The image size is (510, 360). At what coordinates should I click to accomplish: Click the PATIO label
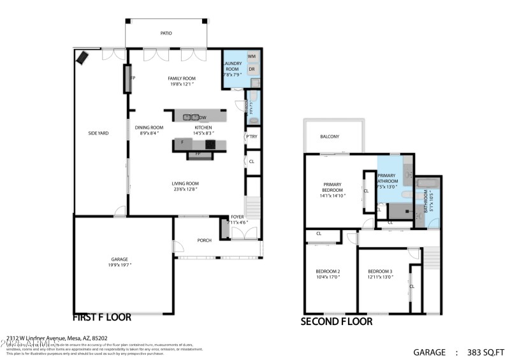click(x=166, y=33)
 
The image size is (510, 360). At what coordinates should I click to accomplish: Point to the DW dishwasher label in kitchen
click(x=203, y=118)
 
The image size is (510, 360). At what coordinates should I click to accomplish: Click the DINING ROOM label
click(x=149, y=127)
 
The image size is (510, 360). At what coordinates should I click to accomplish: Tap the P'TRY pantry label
click(x=252, y=137)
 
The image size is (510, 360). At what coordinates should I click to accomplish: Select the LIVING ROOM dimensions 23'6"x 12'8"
click(x=186, y=189)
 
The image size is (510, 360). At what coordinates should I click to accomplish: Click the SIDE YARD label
click(x=98, y=133)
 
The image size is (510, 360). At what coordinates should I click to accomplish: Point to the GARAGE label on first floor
click(x=120, y=259)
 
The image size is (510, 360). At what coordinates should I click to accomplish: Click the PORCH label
click(x=204, y=240)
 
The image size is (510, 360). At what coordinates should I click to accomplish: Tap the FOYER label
click(x=237, y=217)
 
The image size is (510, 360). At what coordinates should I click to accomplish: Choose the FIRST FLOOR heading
click(x=102, y=317)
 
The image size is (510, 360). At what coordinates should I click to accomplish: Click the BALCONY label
click(x=330, y=136)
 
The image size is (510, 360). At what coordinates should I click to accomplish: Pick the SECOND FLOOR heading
click(x=337, y=322)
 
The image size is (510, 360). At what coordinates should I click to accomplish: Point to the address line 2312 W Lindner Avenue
click(x=57, y=338)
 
